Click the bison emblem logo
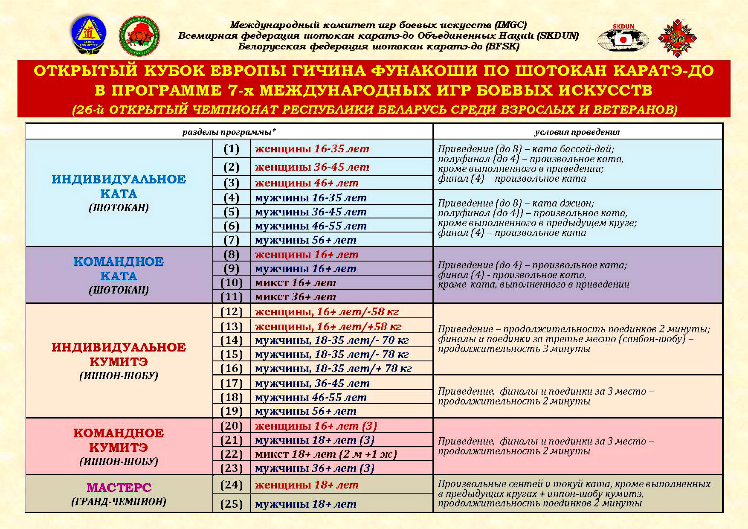(x=139, y=36)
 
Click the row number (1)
(x=232, y=149)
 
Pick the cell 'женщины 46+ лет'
(x=307, y=183)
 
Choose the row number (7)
(x=232, y=240)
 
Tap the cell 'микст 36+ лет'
(x=296, y=296)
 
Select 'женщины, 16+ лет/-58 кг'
(x=327, y=311)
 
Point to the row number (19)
(x=232, y=411)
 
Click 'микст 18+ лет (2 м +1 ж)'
(x=326, y=454)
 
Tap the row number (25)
(x=232, y=504)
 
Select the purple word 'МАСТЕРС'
(x=119, y=487)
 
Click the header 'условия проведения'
(x=577, y=132)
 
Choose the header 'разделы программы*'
(x=229, y=132)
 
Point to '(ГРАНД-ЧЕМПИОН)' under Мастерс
(x=119, y=502)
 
